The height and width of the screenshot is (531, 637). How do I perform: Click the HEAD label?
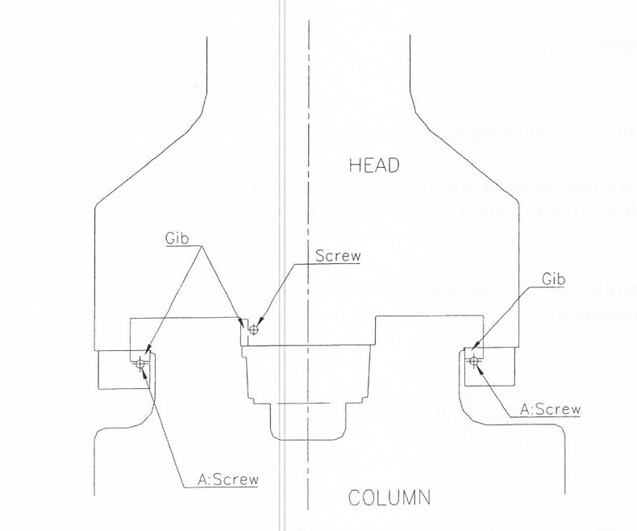point(374,166)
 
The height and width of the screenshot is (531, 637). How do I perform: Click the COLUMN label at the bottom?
point(389,497)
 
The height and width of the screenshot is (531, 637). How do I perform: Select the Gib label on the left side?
point(178,238)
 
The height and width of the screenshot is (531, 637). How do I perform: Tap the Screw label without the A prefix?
point(338,256)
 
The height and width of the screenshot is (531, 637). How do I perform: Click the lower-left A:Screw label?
point(228,479)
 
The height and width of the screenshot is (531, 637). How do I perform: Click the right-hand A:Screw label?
point(550,409)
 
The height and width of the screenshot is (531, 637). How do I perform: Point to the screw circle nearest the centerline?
point(253,328)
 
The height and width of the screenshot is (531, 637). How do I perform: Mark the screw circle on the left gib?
point(142,365)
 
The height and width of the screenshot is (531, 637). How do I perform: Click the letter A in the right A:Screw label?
point(525,409)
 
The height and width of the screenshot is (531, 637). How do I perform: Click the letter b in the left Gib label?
point(186,238)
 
